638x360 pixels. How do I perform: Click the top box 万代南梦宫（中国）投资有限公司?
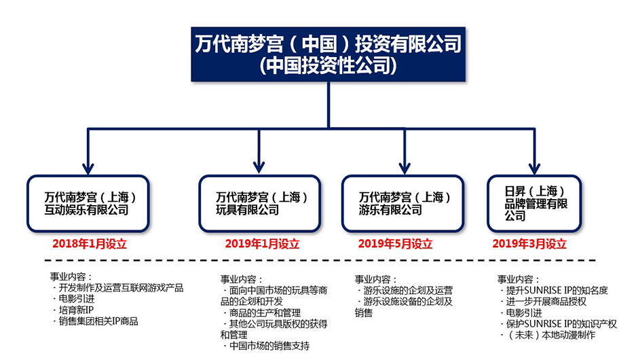[328, 54]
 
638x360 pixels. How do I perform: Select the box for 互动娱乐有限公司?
[88, 204]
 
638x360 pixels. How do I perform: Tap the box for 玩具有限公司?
[259, 204]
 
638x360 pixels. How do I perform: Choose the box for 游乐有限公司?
[402, 204]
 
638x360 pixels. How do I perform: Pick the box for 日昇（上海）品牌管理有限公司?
[534, 204]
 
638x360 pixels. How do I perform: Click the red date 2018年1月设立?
[90, 244]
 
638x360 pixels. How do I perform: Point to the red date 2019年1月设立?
[262, 244]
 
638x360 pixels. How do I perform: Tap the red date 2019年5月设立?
[395, 244]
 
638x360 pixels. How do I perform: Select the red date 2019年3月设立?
[529, 244]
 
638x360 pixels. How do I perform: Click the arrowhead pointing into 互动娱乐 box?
[88, 168]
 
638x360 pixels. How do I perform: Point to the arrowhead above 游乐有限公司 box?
[405, 168]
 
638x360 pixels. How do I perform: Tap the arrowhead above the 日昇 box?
[534, 168]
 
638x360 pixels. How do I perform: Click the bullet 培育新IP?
[74, 310]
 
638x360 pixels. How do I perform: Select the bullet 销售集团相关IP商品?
[96, 321]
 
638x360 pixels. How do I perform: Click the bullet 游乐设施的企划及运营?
[405, 291]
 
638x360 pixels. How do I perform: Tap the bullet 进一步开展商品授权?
[544, 302]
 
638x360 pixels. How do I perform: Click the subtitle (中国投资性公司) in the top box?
[328, 66]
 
